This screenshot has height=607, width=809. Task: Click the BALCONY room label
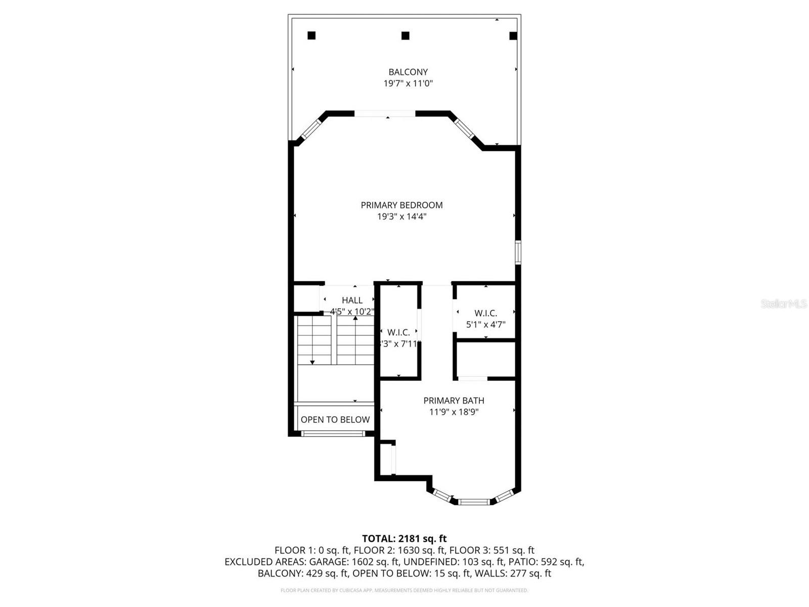coord(408,72)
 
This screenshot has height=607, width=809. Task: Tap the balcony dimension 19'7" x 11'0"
coord(408,83)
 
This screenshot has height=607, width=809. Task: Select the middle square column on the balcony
coord(405,35)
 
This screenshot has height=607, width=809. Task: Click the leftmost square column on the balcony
coord(311,35)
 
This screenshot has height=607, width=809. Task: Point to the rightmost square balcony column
coord(513,35)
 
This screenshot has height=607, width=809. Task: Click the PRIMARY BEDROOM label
coord(401,205)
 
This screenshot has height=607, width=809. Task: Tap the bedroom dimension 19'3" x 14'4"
coord(401,216)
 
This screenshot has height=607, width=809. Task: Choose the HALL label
coord(352,300)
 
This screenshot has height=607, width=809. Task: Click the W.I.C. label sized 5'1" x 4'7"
coord(485,314)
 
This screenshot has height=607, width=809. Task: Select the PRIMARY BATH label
coord(454,400)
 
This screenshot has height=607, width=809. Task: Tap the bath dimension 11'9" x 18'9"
coord(454,412)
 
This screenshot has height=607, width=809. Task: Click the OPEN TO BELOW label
coord(335,419)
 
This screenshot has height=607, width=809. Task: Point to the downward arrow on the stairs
coord(312,361)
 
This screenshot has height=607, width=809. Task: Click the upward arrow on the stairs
coord(355,318)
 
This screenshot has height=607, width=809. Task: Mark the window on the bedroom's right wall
coord(518,252)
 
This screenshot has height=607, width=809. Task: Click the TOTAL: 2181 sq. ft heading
coord(404,539)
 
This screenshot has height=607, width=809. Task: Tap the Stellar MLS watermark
coord(783,303)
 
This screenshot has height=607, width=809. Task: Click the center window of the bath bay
coord(474,502)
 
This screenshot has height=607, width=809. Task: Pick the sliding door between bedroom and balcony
coord(385,114)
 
